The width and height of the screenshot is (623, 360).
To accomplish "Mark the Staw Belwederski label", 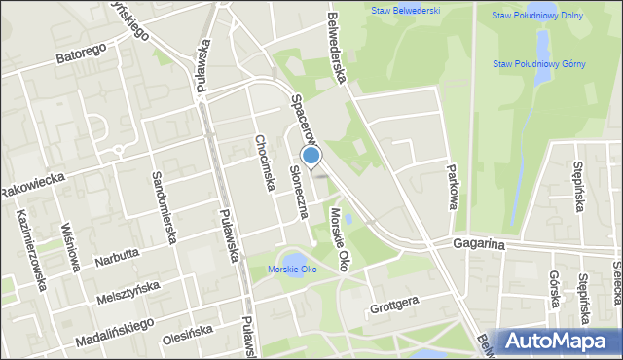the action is click(405, 11).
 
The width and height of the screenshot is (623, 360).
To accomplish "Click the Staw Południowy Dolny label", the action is click(537, 16).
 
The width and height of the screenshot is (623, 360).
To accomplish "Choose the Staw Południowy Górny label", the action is click(538, 64).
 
